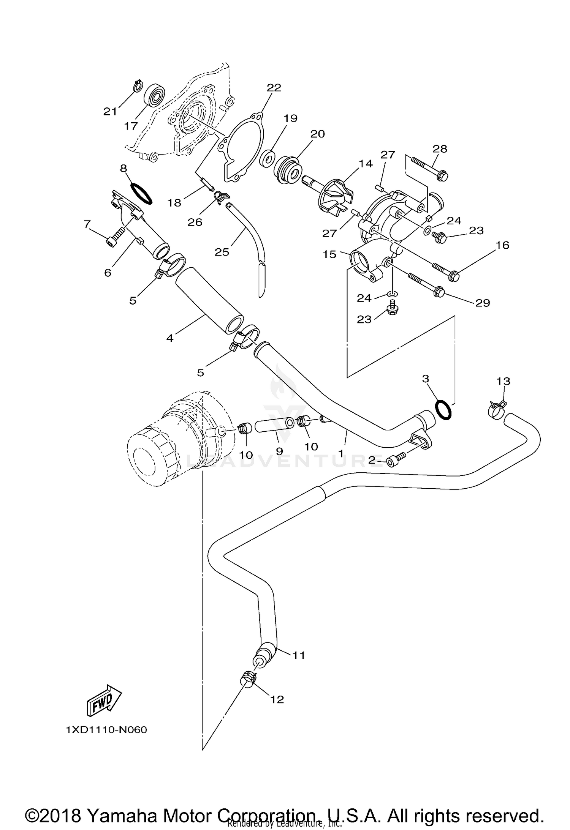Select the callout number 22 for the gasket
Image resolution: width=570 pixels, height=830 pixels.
[x=274, y=88]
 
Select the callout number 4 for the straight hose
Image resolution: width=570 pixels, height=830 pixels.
[x=170, y=338]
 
